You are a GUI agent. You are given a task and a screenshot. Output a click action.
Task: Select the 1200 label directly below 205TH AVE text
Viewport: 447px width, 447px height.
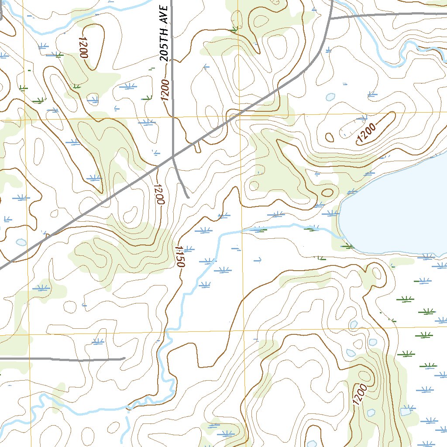pyautogui.click(x=165, y=89)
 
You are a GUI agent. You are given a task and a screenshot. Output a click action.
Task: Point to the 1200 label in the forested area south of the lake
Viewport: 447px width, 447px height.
pyautogui.click(x=359, y=395)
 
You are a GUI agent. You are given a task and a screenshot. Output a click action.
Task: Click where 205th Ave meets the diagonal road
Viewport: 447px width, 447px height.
pyautogui.click(x=173, y=155)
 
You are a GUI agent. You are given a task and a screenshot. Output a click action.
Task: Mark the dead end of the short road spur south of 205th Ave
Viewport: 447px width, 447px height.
pyautogui.click(x=188, y=197)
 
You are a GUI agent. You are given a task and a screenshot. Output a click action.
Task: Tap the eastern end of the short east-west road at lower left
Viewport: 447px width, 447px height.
pyautogui.click(x=124, y=358)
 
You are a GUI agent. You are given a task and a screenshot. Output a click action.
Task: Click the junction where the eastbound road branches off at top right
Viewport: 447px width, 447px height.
pyautogui.click(x=330, y=19)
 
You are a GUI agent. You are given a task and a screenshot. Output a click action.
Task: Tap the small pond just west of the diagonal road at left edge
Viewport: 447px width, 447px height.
pyautogui.click(x=21, y=242)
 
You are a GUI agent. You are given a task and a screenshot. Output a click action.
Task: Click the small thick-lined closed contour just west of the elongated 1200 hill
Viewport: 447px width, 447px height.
pyautogui.click(x=330, y=138)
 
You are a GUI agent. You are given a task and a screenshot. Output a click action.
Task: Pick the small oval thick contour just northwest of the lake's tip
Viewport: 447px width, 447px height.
pyautogui.click(x=327, y=193)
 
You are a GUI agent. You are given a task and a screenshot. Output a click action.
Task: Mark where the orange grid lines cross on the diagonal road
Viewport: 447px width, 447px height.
pyautogui.click(x=239, y=115)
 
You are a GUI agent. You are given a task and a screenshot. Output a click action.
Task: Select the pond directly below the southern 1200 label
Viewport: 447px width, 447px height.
pyautogui.click(x=371, y=413)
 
